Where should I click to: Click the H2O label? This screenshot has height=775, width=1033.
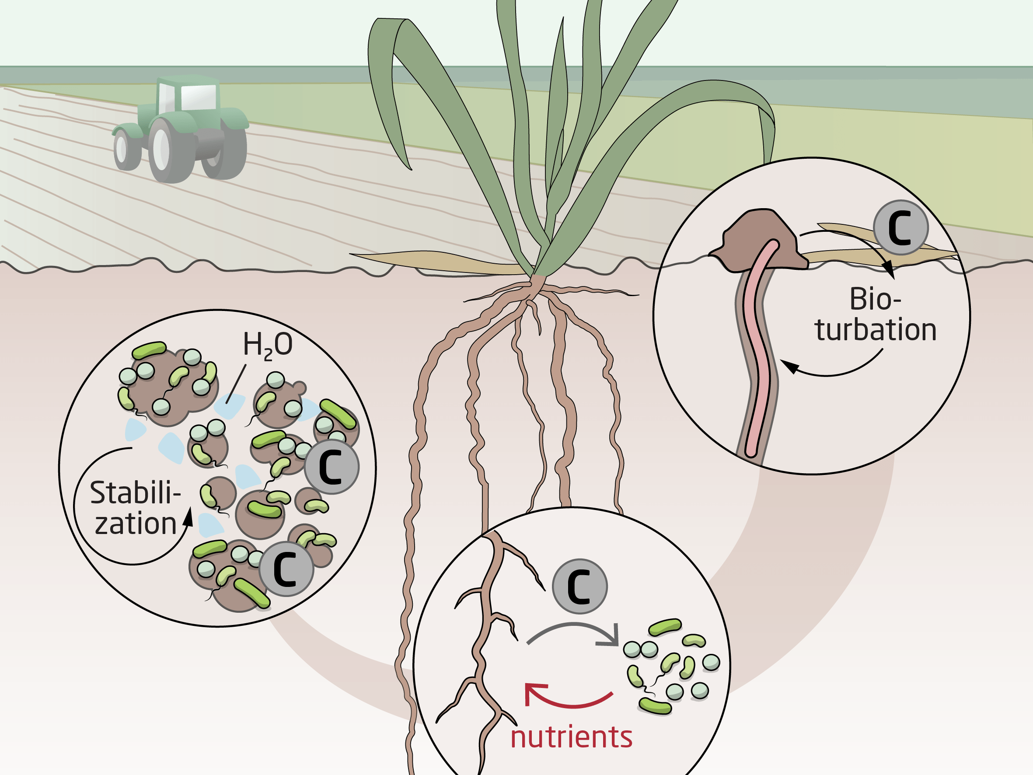(x=268, y=346)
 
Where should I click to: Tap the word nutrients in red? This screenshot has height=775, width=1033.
(x=571, y=737)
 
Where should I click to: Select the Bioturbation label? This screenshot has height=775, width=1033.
(x=876, y=314)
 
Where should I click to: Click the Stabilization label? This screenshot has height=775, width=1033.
(x=136, y=508)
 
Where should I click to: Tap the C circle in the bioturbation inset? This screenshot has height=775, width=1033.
(x=900, y=227)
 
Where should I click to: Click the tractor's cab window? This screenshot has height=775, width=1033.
(x=199, y=98)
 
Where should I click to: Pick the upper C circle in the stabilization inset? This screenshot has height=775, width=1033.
(x=332, y=467)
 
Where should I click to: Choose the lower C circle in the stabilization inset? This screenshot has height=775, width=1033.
(x=286, y=569)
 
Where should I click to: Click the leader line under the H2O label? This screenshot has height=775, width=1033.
(x=236, y=384)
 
